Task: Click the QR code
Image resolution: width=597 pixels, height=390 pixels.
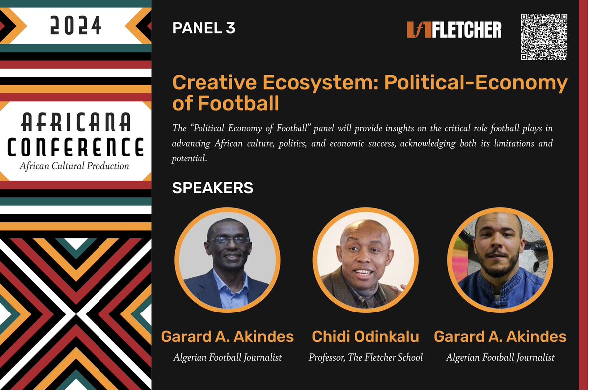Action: click(544, 37)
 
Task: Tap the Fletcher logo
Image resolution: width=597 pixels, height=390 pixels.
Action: click(454, 30)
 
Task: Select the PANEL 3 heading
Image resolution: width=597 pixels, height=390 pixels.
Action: click(203, 28)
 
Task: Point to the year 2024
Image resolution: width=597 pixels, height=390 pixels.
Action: click(76, 26)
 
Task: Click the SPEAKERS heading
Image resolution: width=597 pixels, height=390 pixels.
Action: click(212, 188)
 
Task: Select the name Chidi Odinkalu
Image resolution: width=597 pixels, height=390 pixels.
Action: click(366, 337)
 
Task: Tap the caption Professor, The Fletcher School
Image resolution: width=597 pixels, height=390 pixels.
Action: click(366, 357)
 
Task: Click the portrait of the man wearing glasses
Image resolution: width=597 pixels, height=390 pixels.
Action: click(227, 260)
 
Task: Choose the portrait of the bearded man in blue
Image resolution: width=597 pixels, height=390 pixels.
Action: click(500, 260)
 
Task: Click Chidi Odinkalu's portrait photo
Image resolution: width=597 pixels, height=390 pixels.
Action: click(366, 260)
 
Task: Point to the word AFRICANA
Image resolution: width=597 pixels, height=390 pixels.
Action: click(76, 121)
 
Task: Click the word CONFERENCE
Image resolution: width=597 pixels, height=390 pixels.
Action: click(76, 148)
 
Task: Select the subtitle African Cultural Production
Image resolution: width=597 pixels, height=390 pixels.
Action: click(75, 166)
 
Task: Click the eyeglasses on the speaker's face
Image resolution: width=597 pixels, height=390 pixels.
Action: click(228, 240)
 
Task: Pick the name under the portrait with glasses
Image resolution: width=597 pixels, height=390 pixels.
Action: click(227, 337)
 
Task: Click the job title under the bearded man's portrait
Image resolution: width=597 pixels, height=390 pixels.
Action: click(500, 357)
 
